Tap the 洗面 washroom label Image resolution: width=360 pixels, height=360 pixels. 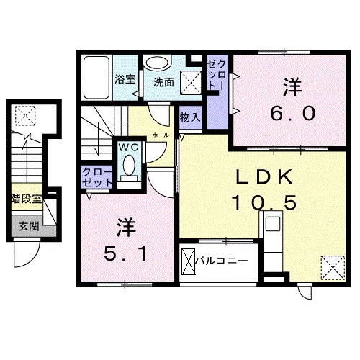(163, 82)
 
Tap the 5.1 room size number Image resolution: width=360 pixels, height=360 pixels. (123, 253)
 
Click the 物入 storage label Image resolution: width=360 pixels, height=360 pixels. (189, 117)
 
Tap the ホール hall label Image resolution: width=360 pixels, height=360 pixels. (162, 135)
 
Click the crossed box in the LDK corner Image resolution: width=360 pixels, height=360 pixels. (330, 269)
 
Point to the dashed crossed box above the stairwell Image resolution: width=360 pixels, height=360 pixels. (25, 114)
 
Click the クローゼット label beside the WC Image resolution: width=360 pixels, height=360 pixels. (96, 176)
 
